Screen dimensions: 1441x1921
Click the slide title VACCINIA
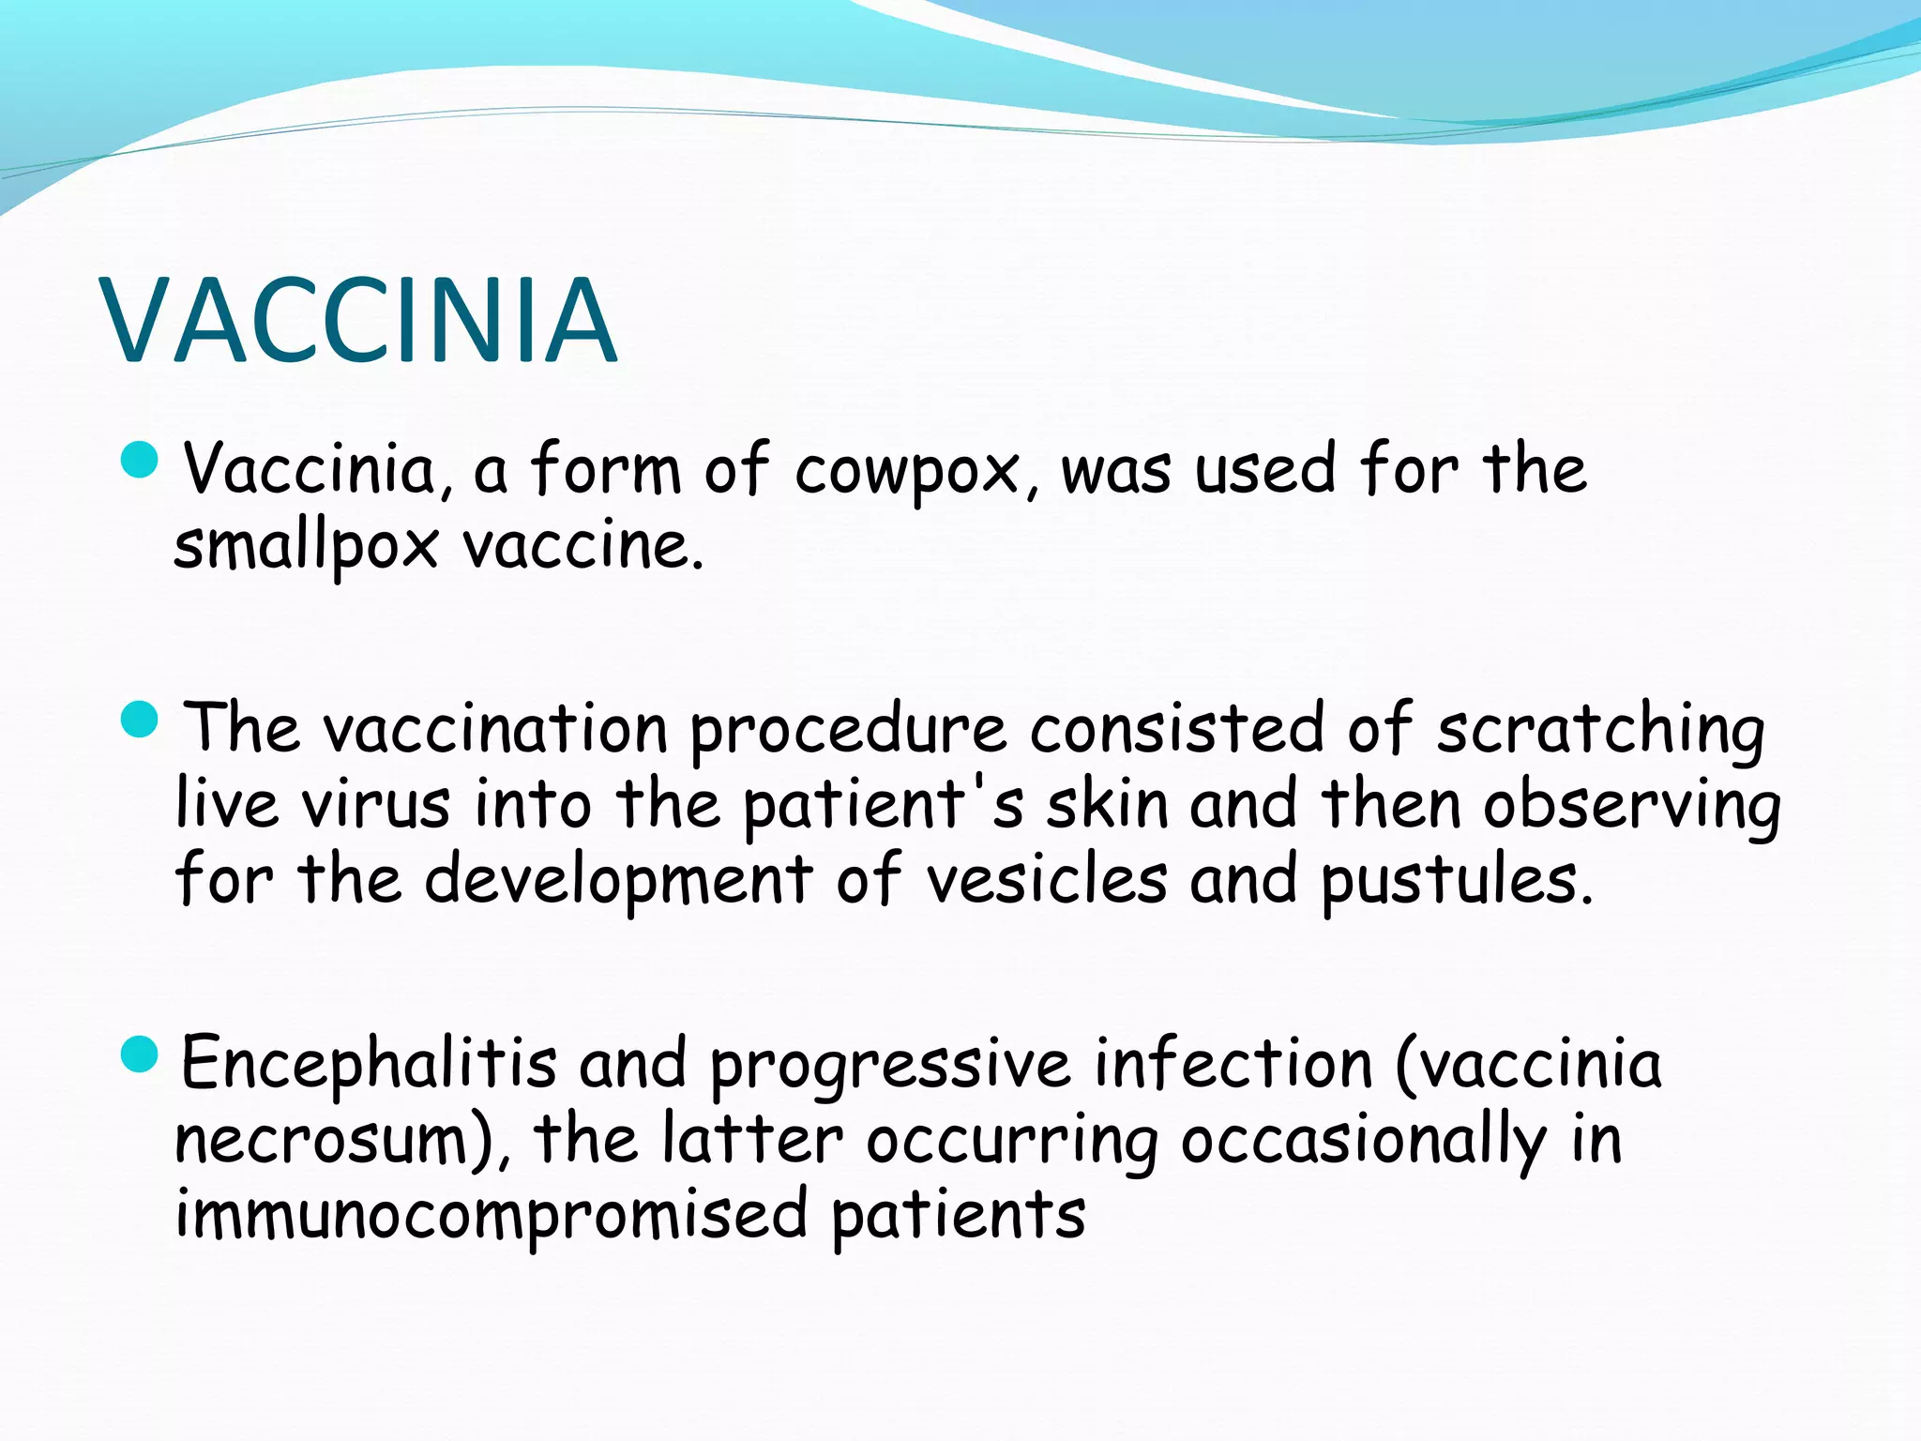pos(360,321)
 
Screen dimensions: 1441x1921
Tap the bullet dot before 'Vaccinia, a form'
pos(141,460)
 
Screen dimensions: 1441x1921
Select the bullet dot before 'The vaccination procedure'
pos(141,720)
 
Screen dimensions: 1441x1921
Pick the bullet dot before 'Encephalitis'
pos(141,1054)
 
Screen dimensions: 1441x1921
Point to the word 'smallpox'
pos(306,548)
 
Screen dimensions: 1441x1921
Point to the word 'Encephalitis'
pos(369,1064)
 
